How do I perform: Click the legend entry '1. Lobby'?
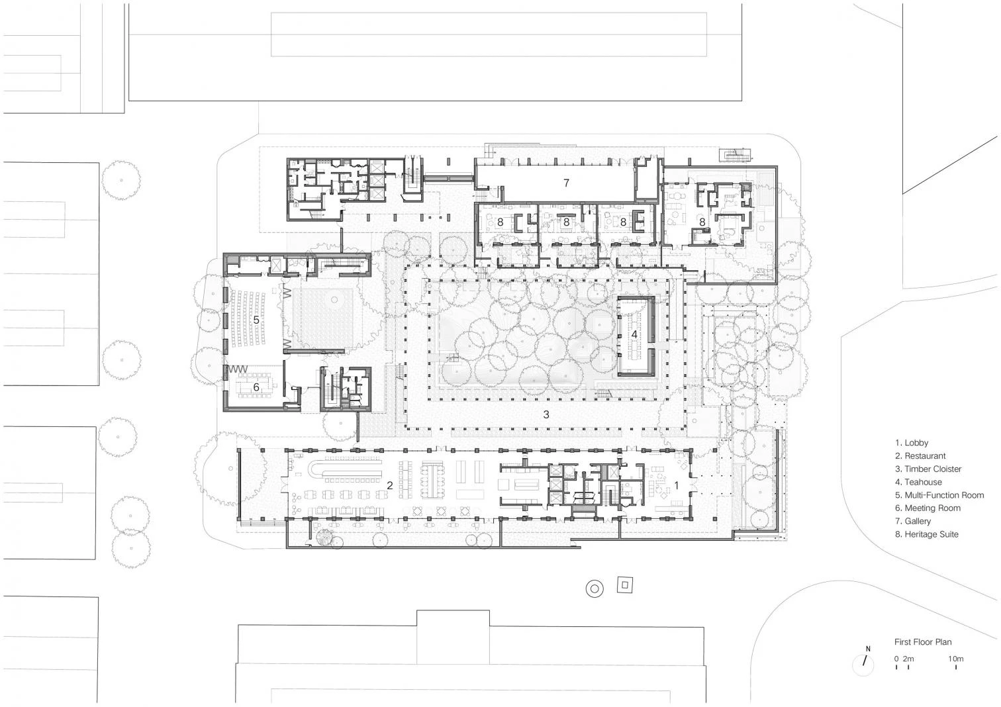coord(912,443)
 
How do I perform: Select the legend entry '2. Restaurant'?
coord(920,456)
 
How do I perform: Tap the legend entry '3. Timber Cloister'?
coord(928,469)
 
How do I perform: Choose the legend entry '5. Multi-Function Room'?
coord(939,495)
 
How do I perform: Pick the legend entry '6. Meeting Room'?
coord(928,508)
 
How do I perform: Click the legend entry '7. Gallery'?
coord(913,521)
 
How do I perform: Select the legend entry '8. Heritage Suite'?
coord(927,534)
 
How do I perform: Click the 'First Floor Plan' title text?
coord(923,642)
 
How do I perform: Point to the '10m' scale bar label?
coord(956,659)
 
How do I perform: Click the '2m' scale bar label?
coord(908,659)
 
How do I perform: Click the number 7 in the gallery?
coord(566,183)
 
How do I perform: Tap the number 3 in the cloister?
coord(546,414)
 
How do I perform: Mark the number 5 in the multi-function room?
coord(256,320)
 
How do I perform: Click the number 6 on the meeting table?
coord(256,387)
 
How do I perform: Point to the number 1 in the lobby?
coord(676,485)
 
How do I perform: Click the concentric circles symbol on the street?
coord(595,589)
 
